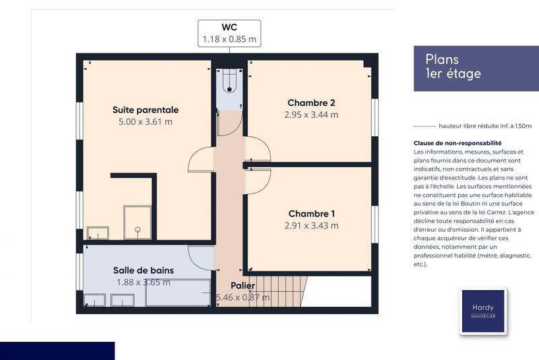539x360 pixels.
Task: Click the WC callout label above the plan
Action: pyautogui.click(x=229, y=33)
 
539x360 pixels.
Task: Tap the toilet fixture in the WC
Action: pyautogui.click(x=230, y=82)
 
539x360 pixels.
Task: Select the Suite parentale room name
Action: pyautogui.click(x=145, y=109)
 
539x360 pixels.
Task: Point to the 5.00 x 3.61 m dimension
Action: pyautogui.click(x=145, y=122)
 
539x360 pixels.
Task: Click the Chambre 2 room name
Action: pyautogui.click(x=311, y=102)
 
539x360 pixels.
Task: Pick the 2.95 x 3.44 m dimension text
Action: pyautogui.click(x=311, y=115)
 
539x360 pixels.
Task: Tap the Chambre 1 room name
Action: pyautogui.click(x=311, y=213)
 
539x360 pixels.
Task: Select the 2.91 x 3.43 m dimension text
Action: pyautogui.click(x=311, y=225)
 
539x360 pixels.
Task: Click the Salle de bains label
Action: pyautogui.click(x=143, y=270)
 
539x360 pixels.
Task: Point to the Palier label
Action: pyautogui.click(x=243, y=286)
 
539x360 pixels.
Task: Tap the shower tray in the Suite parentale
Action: pyautogui.click(x=139, y=222)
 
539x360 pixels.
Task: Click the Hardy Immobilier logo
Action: pyautogui.click(x=482, y=311)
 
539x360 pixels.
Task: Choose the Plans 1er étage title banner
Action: pyautogui.click(x=472, y=67)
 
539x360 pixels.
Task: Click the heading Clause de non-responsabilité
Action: pyautogui.click(x=457, y=143)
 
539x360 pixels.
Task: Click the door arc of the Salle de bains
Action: pyautogui.click(x=201, y=257)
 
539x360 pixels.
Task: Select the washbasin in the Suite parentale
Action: pyautogui.click(x=98, y=233)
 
